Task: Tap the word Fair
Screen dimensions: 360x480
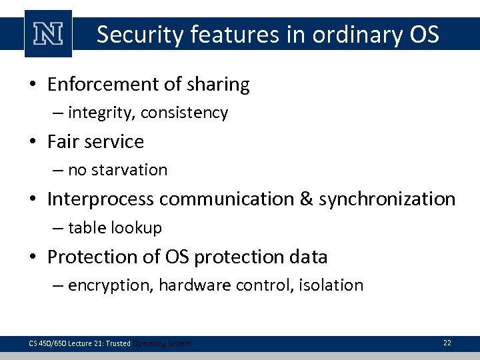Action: (x=63, y=141)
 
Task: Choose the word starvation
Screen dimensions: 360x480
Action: (x=130, y=170)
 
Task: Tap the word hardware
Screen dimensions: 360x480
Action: (x=189, y=285)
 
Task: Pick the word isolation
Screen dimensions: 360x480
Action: (x=332, y=285)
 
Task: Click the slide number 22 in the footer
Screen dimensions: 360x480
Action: (x=447, y=343)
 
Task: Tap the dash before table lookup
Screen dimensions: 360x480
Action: (x=57, y=228)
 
